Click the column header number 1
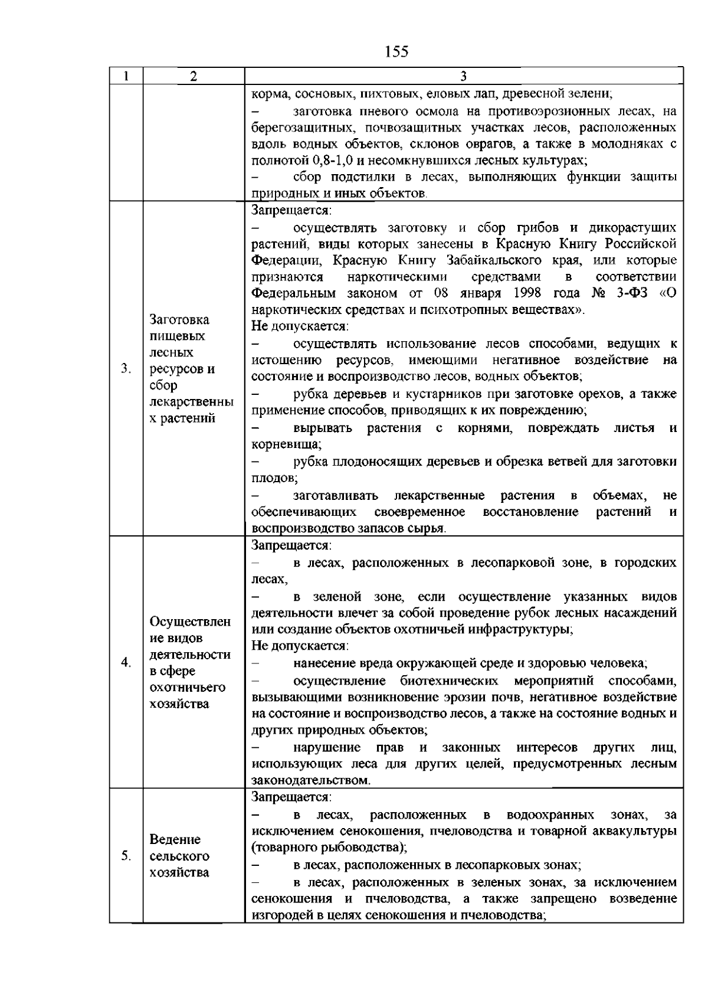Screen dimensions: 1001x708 coord(126,76)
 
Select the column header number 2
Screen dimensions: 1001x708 coord(194,76)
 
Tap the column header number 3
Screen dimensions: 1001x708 coord(463,76)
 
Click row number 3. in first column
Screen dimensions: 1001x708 coord(125,369)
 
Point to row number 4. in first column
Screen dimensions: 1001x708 coord(125,662)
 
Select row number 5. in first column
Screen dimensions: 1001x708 coord(125,856)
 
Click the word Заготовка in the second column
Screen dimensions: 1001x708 coord(179,320)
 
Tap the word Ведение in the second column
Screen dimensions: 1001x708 coord(175,839)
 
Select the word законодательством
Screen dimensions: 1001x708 coord(310,780)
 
